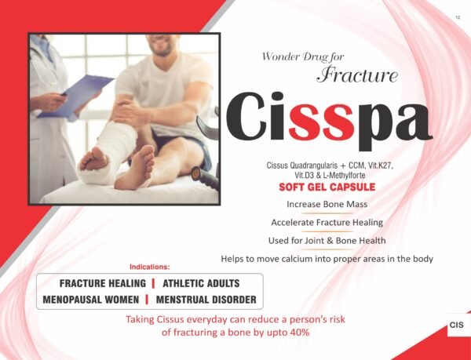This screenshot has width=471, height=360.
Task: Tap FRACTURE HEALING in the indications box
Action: tap(98, 283)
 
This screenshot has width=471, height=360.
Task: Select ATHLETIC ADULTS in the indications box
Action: tap(200, 283)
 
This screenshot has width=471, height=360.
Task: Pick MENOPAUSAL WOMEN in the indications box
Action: tap(92, 300)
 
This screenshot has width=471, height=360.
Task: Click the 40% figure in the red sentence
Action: tap(298, 333)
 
